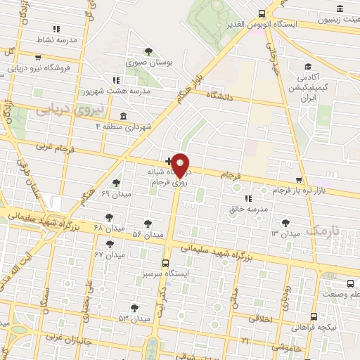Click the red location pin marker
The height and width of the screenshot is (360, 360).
coord(181,165)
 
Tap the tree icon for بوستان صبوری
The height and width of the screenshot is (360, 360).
coord(148,51)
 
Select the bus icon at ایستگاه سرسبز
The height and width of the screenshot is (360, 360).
coord(165,263)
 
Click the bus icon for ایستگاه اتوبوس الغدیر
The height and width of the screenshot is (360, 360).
coord(262,13)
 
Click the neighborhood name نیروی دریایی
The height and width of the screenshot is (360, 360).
coord(70,111)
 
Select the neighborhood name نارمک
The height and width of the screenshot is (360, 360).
coord(323,231)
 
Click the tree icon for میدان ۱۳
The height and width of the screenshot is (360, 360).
coord(285,223)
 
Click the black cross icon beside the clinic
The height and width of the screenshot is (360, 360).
coord(167,161)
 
